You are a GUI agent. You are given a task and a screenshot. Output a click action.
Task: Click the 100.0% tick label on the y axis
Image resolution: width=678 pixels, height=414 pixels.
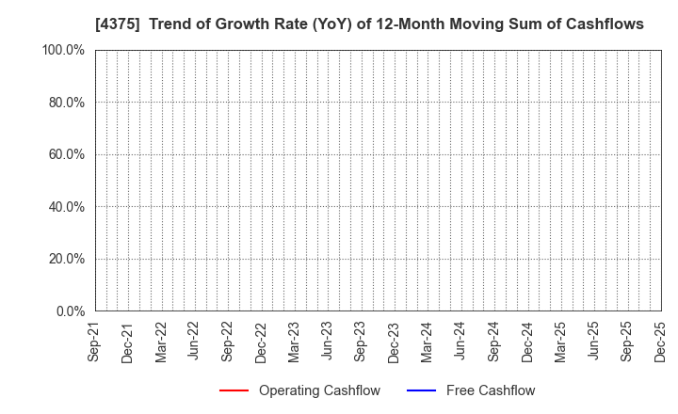click(x=63, y=50)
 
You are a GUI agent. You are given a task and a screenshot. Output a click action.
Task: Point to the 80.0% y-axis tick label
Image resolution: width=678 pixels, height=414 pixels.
click(x=66, y=103)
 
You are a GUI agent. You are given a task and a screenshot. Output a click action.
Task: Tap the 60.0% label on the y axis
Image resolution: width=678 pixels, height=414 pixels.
click(x=66, y=154)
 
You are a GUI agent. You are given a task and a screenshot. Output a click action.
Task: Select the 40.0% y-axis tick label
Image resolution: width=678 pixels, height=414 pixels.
click(x=66, y=207)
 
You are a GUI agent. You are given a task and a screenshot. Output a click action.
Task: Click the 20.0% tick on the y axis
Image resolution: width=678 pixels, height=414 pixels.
click(x=66, y=259)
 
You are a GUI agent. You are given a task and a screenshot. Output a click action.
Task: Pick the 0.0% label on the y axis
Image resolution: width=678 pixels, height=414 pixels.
click(x=69, y=311)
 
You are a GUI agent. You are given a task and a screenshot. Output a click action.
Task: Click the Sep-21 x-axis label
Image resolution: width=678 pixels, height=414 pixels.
click(x=95, y=340)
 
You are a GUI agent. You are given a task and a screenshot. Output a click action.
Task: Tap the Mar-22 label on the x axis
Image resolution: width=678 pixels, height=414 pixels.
click(x=161, y=340)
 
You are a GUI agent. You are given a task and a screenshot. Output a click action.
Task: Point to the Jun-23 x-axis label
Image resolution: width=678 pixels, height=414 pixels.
click(x=327, y=340)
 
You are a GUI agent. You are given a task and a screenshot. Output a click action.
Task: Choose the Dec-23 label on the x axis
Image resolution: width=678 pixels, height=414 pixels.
click(x=394, y=340)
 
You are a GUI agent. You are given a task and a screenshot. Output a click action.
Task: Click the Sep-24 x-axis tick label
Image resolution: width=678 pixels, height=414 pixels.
click(x=493, y=340)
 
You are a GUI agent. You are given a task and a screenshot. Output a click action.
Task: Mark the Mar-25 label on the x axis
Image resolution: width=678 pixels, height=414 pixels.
click(x=560, y=340)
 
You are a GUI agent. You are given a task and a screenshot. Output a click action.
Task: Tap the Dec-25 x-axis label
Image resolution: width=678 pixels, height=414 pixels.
click(x=660, y=340)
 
